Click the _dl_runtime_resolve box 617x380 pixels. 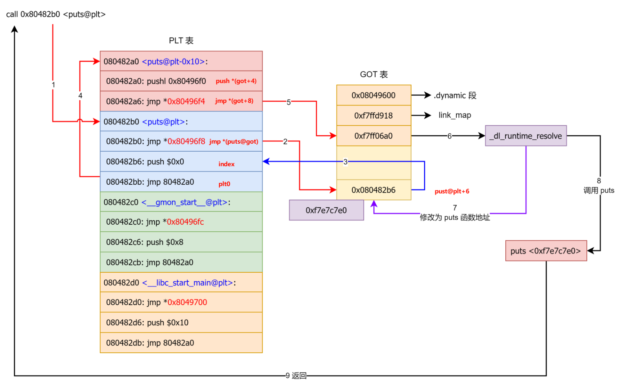coord(525,136)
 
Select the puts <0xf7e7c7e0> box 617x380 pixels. coord(545,251)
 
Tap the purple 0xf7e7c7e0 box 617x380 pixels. coord(326,210)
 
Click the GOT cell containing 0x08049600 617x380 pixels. coord(373,95)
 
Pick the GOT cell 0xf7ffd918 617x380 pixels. coord(373,116)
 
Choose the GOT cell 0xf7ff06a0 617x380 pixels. coord(373,136)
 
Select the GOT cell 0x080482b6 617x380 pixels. coord(373,190)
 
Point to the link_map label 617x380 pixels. coord(454,115)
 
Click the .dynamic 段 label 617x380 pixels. coord(455,95)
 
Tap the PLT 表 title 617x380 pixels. coord(181,40)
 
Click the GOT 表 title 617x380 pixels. coord(374,74)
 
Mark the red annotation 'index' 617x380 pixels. coord(226,164)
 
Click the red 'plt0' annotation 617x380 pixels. coord(224,184)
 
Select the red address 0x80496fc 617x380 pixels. coord(185,222)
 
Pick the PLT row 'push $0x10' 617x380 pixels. coord(147,323)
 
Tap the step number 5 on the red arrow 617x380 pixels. coord(289,102)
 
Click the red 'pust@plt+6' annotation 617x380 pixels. coord(452,191)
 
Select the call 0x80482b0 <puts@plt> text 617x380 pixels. coord(56,14)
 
